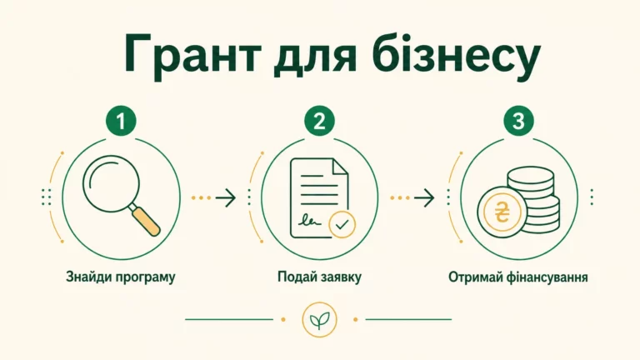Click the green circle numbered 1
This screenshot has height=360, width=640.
(121, 121)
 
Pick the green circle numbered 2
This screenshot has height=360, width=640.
(320, 121)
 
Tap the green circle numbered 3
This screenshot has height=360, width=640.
(518, 121)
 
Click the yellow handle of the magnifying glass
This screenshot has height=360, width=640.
(146, 221)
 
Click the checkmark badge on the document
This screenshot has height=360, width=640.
(342, 224)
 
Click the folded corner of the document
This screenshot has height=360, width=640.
(340, 167)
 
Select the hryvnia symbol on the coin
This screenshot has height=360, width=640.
(501, 212)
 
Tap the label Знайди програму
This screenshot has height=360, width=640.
(121, 277)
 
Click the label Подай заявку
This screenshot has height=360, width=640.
(320, 277)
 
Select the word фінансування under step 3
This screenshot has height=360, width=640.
(547, 277)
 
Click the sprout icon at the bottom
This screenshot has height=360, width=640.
(320, 320)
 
